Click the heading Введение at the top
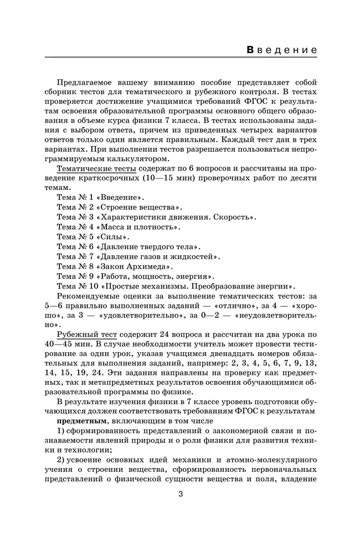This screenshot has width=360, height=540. point(282,50)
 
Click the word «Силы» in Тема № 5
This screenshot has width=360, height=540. point(114,236)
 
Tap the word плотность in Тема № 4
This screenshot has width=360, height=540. point(155,226)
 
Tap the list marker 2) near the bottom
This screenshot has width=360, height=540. point(61,460)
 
